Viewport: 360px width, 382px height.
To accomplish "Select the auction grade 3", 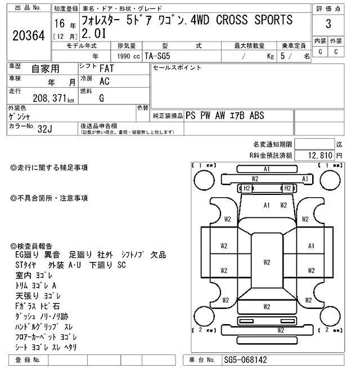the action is pos(328,25).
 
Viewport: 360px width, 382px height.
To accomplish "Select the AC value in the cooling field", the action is pos(104,81).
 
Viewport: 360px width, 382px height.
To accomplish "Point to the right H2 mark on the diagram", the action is pos(287,188).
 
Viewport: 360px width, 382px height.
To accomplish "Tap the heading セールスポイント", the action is pos(177,67).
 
